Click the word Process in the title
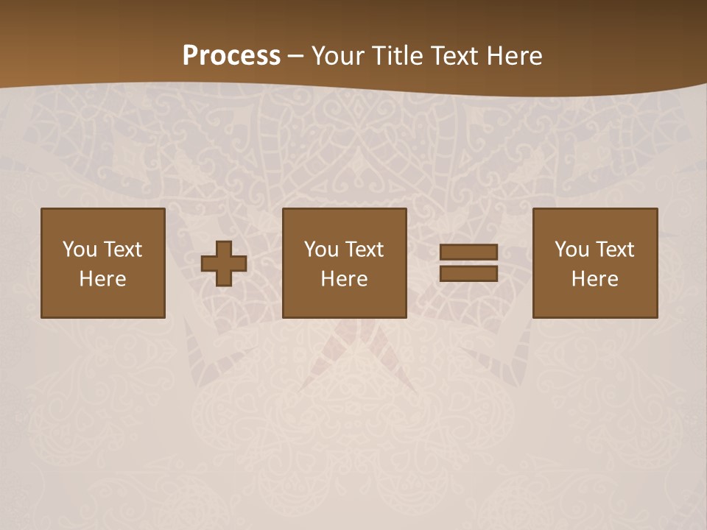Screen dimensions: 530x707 coord(231,56)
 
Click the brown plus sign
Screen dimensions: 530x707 coord(224,263)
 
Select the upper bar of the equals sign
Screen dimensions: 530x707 coord(468,252)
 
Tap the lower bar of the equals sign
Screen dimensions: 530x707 coord(468,273)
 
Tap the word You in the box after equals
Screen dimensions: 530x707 coord(571,250)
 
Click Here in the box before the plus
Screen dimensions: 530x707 coord(102,279)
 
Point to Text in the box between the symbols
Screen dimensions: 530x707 coord(365,250)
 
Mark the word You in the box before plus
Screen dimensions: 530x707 coord(80,250)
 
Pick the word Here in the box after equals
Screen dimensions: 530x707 coord(594,279)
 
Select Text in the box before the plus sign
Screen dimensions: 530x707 coord(123,250)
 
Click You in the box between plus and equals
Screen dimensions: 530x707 coord(321,250)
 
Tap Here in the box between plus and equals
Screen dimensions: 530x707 coord(344,279)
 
